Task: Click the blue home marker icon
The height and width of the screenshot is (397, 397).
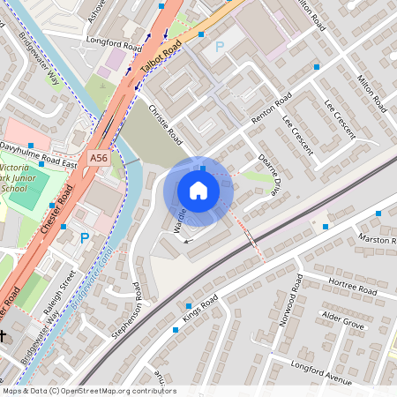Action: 198,190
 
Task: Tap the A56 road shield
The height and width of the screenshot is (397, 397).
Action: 99,157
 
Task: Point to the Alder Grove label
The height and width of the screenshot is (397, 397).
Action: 343,319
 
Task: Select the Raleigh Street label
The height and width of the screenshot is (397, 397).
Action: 61,285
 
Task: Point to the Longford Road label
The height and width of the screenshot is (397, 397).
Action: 114,41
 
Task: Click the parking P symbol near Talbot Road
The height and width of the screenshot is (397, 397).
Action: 219,45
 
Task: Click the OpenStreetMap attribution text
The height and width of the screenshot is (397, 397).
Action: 88,391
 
